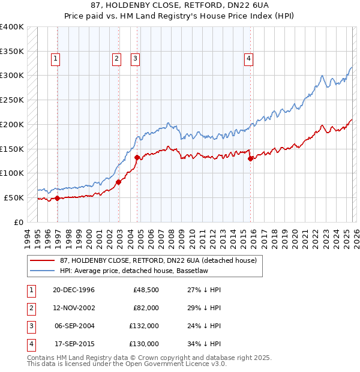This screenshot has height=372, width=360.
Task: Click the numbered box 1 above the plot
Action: point(55,58)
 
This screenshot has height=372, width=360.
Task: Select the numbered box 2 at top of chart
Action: point(116,58)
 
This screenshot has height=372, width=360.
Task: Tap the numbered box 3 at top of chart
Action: point(135,58)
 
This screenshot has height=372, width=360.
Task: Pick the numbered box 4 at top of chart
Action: point(248,58)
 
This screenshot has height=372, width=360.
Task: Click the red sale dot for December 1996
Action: point(58,198)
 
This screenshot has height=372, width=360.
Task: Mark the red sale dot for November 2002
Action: point(119,182)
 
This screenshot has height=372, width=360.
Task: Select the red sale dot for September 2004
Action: point(137,158)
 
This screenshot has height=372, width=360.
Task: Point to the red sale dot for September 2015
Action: point(251,158)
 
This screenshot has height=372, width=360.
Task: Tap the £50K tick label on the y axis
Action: point(14,197)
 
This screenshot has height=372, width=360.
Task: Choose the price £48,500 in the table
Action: point(146,289)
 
